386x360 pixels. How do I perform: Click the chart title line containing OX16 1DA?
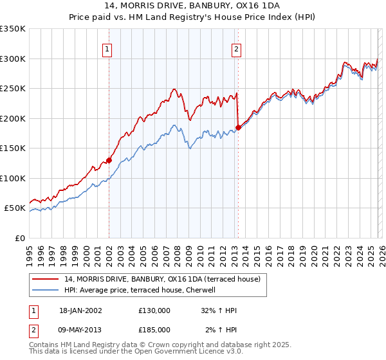pyautogui.click(x=192, y=6)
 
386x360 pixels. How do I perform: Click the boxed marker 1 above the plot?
pyautogui.click(x=107, y=49)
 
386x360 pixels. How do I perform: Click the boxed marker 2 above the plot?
pyautogui.click(x=237, y=49)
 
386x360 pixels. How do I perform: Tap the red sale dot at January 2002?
pyautogui.click(x=109, y=160)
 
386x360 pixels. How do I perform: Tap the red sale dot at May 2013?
pyautogui.click(x=238, y=127)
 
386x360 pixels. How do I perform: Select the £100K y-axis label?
pyautogui.click(x=13, y=178)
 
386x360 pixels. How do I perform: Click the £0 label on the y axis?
pyautogui.click(x=19, y=238)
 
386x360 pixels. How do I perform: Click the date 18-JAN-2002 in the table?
pyautogui.click(x=80, y=310)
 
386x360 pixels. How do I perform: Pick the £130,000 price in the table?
pyautogui.click(x=154, y=310)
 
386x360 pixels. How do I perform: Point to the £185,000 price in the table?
pyautogui.click(x=154, y=330)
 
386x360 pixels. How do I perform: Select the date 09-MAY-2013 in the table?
pyautogui.click(x=80, y=330)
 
